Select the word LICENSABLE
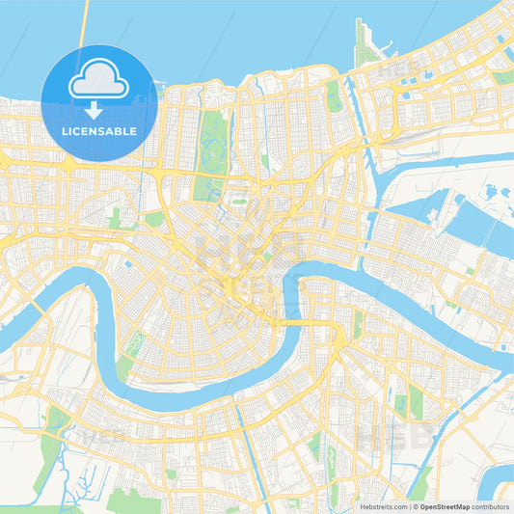coord(99,131)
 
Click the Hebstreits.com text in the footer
coord(382,505)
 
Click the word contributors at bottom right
coord(490,505)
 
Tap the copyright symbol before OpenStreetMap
coord(413,505)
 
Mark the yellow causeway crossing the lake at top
coord(85,24)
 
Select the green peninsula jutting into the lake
coord(363,43)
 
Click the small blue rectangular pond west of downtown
coord(127,262)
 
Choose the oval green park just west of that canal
coord(334,96)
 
